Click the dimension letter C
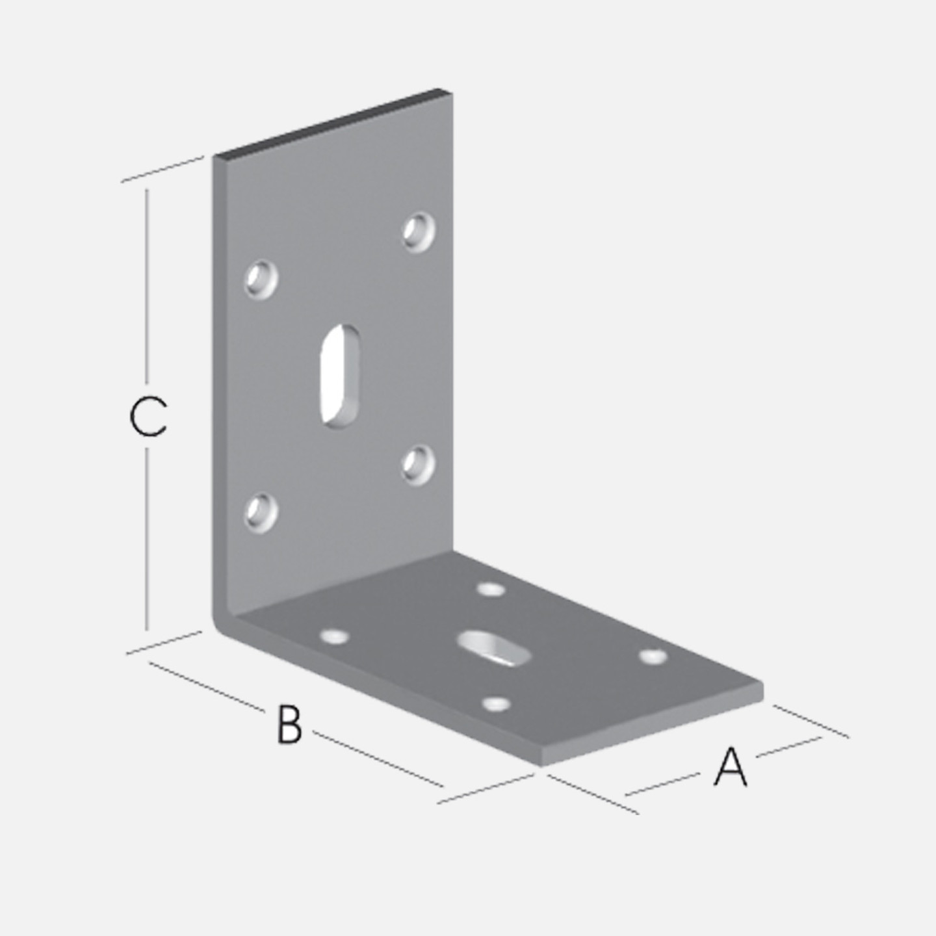(148, 417)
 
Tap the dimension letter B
(289, 725)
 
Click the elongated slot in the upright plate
(340, 376)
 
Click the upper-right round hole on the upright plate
(419, 232)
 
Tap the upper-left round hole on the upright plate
(261, 279)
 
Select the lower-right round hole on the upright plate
(419, 465)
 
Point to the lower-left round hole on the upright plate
(261, 513)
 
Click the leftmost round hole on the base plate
(335, 636)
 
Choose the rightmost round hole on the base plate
(653, 656)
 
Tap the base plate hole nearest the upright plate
(491, 590)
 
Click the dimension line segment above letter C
(147, 285)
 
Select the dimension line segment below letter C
(147, 539)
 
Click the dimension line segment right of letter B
(378, 758)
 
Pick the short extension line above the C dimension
(162, 169)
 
